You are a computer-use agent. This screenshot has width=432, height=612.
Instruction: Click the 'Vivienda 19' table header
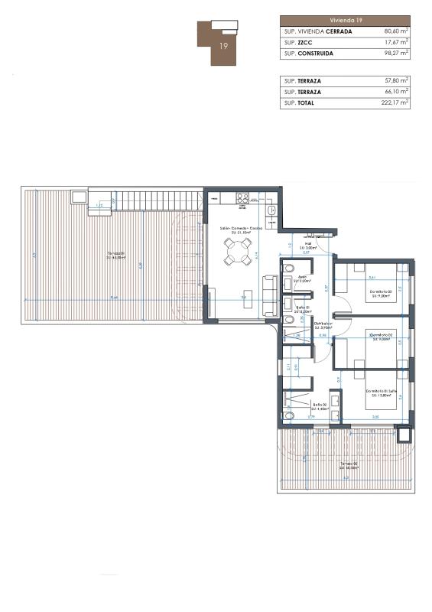click(x=345, y=21)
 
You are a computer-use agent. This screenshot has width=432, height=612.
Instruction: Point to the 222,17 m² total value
click(x=395, y=103)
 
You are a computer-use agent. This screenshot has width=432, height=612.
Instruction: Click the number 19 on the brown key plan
click(x=223, y=46)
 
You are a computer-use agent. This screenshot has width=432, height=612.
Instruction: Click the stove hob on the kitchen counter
click(x=242, y=197)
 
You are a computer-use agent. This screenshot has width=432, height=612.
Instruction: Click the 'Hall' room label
click(x=307, y=245)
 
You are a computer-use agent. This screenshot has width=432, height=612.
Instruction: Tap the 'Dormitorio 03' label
click(x=380, y=291)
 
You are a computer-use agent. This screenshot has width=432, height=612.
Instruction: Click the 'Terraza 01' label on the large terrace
click(x=115, y=254)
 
